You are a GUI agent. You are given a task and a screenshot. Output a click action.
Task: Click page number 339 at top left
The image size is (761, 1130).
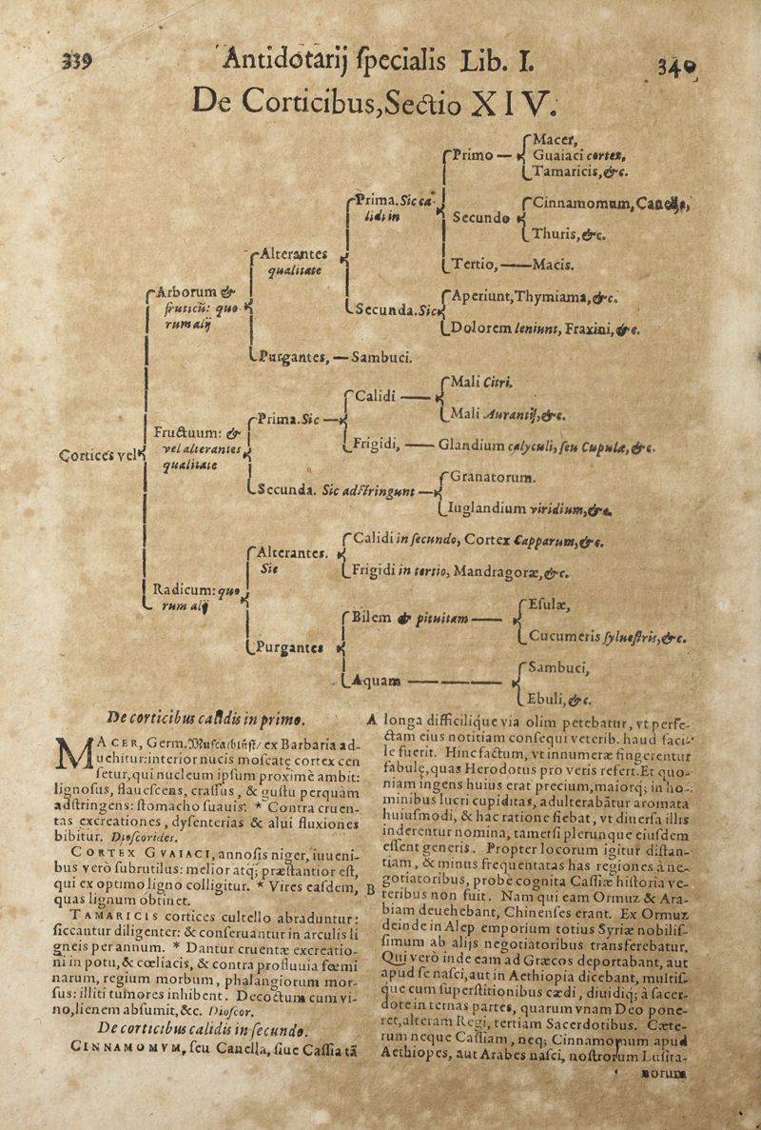(x=76, y=59)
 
